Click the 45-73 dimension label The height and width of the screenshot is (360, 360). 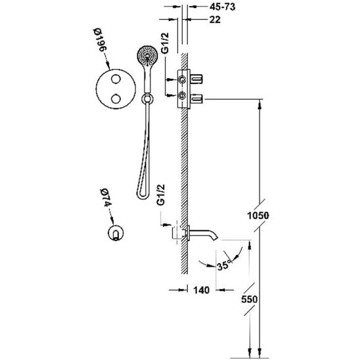click(222, 7)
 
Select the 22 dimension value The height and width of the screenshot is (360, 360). click(215, 20)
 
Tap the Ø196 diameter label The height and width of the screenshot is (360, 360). click(101, 40)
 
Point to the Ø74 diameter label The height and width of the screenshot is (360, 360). click(105, 198)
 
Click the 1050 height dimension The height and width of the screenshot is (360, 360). click(258, 215)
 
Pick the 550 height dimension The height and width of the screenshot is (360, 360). click(250, 299)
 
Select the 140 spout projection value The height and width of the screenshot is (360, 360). click(202, 290)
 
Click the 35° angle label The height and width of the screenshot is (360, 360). click(223, 265)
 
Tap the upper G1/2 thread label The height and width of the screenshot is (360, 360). click(165, 43)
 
